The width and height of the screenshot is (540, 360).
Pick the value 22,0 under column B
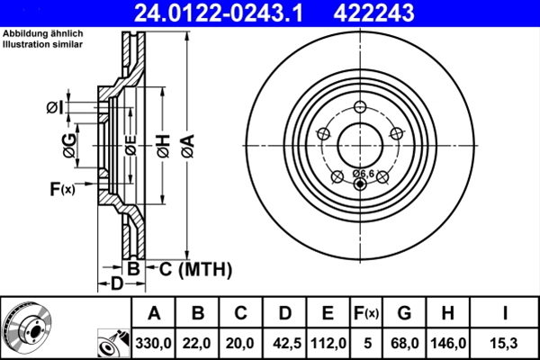pos(198,343)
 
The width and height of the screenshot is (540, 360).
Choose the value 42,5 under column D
pos(284,343)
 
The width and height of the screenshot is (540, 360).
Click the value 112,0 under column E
pos(328,343)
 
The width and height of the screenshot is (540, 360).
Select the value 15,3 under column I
pos(504,343)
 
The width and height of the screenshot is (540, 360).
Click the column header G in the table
pos(404,314)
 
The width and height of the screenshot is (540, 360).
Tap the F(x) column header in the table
pos(365,314)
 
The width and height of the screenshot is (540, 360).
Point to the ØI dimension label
pos(55,109)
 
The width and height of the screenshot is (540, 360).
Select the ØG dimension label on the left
pos(68,143)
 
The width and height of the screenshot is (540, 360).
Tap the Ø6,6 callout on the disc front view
pos(363,173)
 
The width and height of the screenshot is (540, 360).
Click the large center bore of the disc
pos(362,142)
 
